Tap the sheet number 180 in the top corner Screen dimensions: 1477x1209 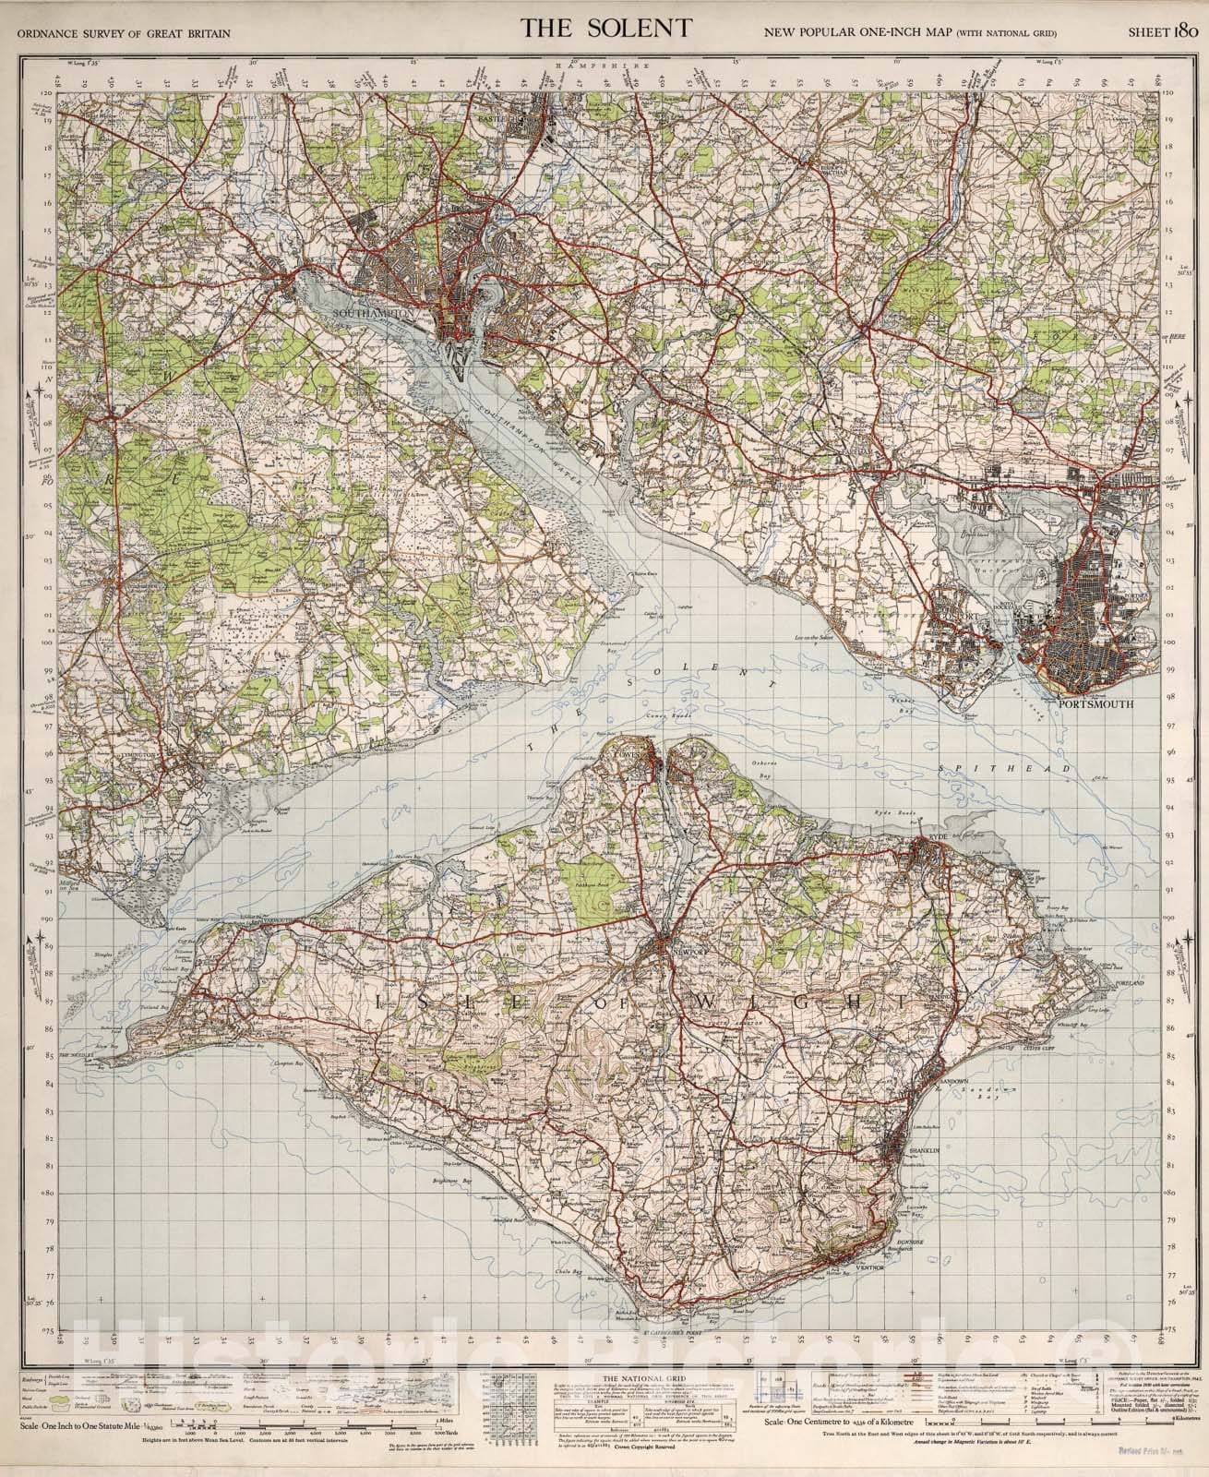pyautogui.click(x=1163, y=31)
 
